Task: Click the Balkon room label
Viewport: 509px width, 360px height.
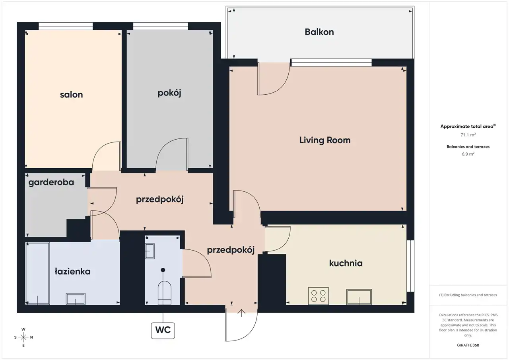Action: pos(319,32)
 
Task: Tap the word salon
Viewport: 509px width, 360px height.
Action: pos(71,95)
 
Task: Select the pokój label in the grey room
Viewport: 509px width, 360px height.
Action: pos(169,93)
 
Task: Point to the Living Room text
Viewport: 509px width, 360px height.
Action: pos(325,140)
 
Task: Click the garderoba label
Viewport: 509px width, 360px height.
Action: pos(51,183)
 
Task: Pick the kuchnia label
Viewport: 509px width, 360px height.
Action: pos(346,263)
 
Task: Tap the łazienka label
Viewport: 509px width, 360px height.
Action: pos(72,271)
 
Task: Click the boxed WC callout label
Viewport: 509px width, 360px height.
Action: pos(163,331)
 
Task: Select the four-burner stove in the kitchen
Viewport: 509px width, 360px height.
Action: pos(319,296)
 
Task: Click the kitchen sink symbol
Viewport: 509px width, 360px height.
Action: pos(359,297)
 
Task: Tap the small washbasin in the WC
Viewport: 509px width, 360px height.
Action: pos(150,251)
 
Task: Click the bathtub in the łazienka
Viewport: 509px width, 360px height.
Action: pos(37,273)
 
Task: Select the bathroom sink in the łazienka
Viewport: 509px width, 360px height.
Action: pos(76,299)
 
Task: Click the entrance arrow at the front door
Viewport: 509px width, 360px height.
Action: pos(241,313)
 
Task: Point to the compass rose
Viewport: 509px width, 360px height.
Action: pos(23,337)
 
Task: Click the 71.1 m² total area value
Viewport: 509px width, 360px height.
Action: pos(468,135)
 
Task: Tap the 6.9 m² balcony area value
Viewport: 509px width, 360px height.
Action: pos(468,154)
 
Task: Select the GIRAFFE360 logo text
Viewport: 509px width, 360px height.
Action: pos(468,345)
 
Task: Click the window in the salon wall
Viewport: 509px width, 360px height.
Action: pos(66,26)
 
